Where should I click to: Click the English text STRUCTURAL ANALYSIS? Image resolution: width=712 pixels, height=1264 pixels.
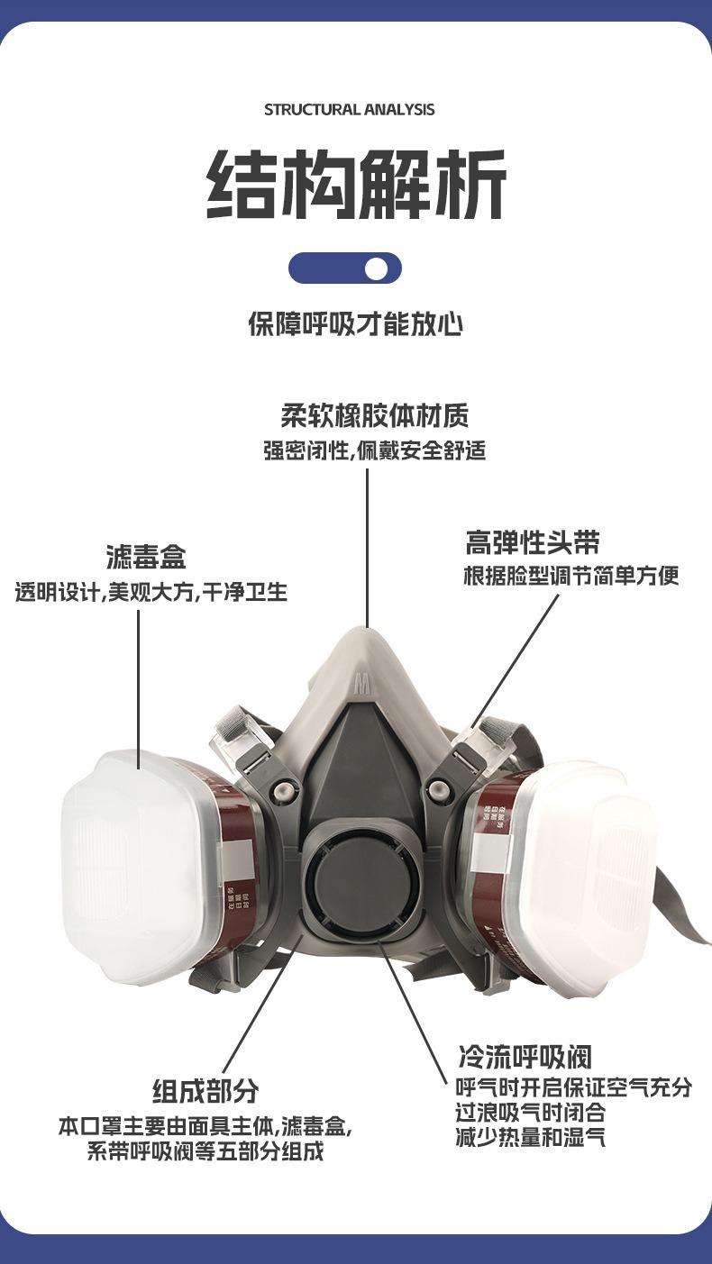(350, 110)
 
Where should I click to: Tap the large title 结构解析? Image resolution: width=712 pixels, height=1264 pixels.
(357, 186)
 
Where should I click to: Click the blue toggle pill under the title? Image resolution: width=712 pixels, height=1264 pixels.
(345, 268)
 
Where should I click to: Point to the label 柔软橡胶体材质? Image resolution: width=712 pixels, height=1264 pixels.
(374, 416)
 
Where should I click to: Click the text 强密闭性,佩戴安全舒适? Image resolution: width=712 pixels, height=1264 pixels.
(374, 450)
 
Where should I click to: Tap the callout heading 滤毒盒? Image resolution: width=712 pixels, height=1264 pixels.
(146, 557)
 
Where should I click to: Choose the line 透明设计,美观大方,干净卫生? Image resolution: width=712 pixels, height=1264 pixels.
(151, 592)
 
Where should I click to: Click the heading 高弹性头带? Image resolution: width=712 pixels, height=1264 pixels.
(533, 542)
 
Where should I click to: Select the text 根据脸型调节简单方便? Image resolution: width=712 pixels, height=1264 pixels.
(571, 576)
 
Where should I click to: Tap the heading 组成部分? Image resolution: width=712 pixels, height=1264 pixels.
(205, 1091)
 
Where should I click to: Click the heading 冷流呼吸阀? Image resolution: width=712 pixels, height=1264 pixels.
(525, 1057)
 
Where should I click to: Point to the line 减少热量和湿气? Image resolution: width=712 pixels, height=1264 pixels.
(531, 1138)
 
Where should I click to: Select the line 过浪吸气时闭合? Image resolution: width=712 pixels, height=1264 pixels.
(531, 1113)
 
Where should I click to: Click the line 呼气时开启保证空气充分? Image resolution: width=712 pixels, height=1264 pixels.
(573, 1087)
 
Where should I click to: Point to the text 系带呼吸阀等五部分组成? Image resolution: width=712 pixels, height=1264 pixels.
(205, 1152)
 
